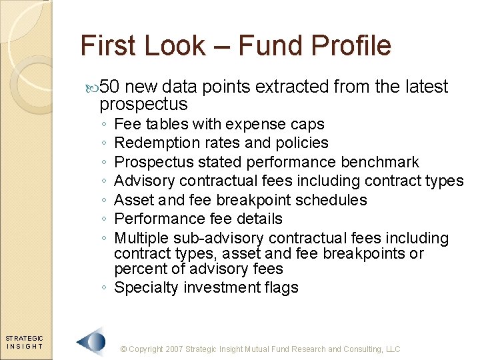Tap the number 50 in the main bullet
pos(111,87)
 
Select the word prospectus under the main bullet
pos(143,105)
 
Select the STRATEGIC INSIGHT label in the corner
pos(25,342)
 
